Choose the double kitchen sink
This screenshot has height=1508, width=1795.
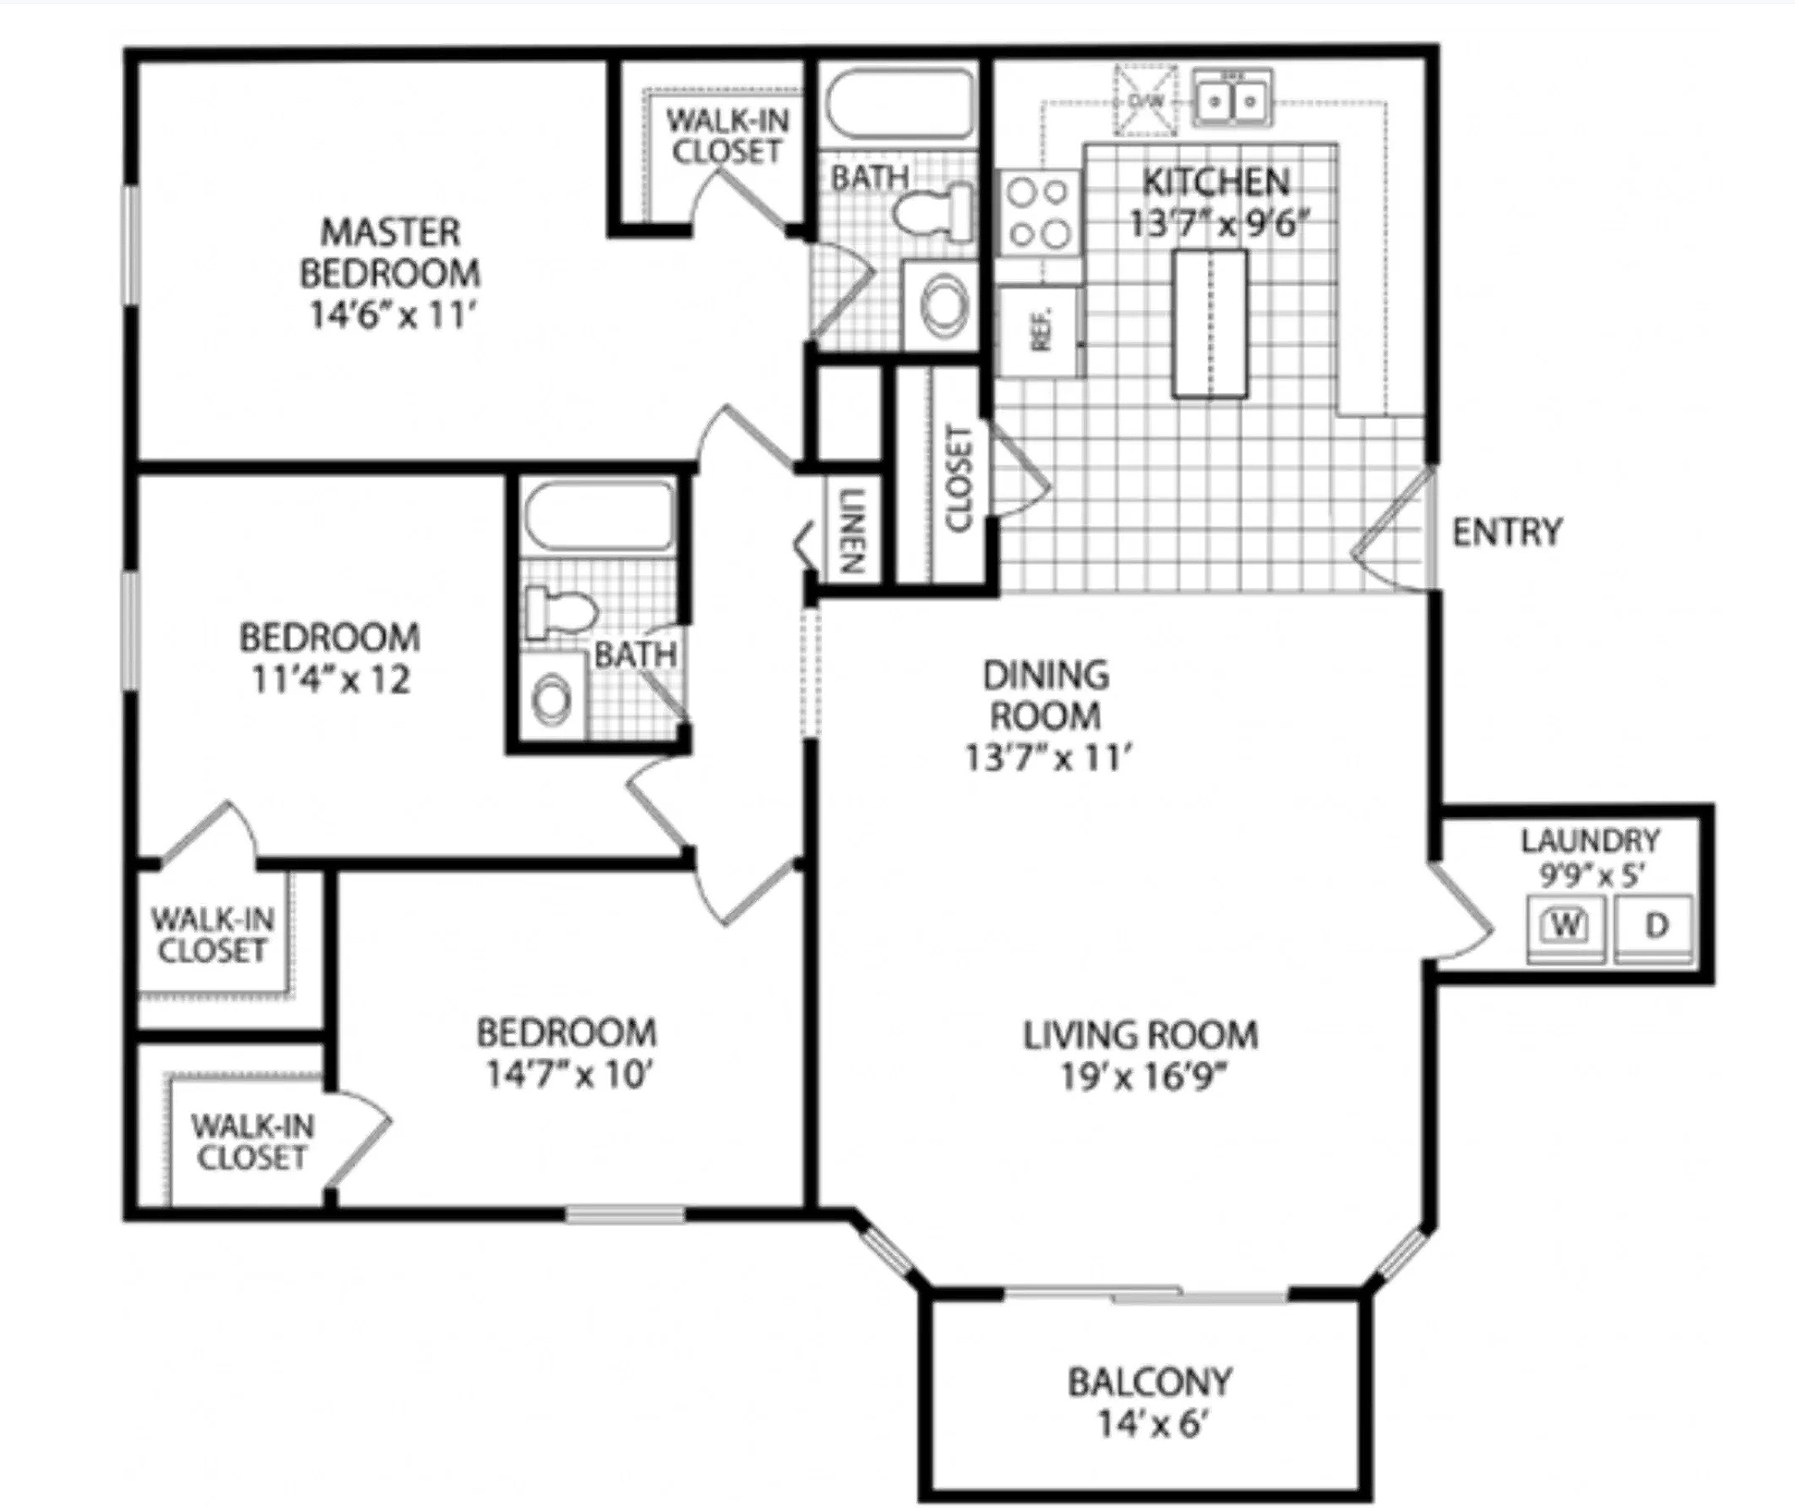tap(1233, 98)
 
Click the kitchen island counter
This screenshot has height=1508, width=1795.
tap(1209, 323)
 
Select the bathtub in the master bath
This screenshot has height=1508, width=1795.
tap(899, 105)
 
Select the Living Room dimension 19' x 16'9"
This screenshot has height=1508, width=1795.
tap(1143, 1077)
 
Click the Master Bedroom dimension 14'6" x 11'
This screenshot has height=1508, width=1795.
tap(391, 314)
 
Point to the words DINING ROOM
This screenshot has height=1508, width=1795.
tap(1045, 695)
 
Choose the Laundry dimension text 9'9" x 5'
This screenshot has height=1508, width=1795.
tap(1591, 876)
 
